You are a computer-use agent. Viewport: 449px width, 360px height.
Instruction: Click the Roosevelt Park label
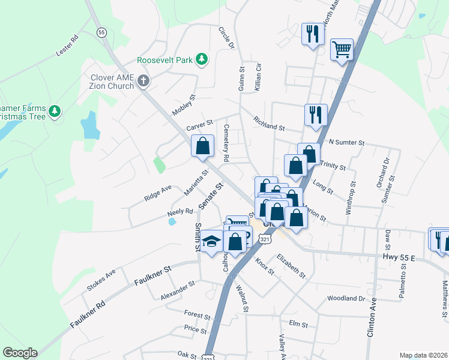click(x=164, y=61)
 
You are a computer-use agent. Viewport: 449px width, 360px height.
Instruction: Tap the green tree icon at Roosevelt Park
click(x=203, y=59)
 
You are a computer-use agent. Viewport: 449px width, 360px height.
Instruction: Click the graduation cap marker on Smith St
click(x=211, y=241)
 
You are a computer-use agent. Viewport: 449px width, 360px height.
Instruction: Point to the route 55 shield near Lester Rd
click(x=101, y=32)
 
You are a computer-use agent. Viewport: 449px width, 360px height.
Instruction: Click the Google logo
click(x=20, y=353)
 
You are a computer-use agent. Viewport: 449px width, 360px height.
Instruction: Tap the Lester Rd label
click(x=67, y=46)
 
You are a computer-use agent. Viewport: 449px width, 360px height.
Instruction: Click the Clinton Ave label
click(x=373, y=316)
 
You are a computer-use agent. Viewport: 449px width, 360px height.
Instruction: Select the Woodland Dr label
click(x=346, y=298)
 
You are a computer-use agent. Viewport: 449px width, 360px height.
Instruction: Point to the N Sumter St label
click(x=347, y=143)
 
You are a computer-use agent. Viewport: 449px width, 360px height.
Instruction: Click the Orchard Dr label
click(x=386, y=172)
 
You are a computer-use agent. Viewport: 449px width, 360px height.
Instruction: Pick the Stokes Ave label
click(x=101, y=280)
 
